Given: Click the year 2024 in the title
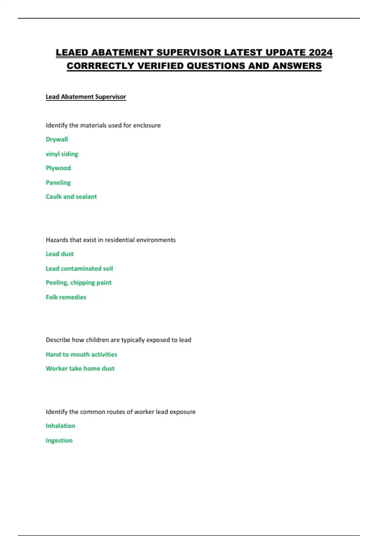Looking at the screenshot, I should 320,52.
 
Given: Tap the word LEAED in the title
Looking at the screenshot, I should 72,52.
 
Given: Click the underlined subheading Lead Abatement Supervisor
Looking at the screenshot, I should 86,97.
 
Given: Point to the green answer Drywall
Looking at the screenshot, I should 57,139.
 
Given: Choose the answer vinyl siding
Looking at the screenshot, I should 62,154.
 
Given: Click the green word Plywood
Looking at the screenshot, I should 58,168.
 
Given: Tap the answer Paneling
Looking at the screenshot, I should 58,183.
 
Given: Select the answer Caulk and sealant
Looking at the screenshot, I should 71,197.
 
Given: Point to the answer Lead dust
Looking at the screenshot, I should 60,254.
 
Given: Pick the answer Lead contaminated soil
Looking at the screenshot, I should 79,269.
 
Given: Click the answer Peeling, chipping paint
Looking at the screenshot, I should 78,283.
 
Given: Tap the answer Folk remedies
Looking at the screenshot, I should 66,297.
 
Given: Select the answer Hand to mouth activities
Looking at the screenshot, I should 81,354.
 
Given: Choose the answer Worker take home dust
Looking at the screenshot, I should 80,369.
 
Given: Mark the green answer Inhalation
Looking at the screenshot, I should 60,426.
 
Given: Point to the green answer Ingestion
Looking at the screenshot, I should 59,440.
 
